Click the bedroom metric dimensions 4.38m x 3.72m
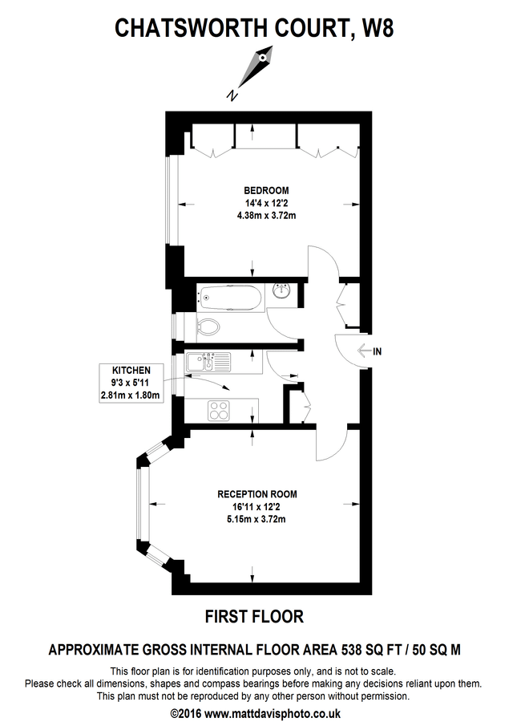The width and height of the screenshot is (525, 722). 261,216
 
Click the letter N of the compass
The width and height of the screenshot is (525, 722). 232,95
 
